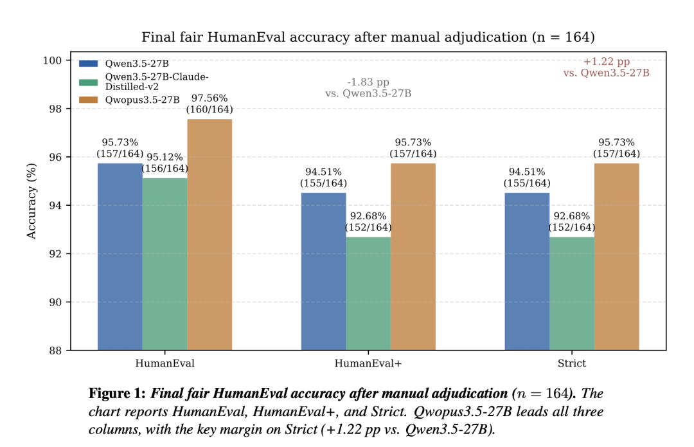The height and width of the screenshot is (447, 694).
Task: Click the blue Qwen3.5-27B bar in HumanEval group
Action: click(120, 257)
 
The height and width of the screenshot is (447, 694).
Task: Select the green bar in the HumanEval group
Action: click(165, 264)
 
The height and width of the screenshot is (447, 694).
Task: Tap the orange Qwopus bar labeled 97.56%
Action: click(209, 235)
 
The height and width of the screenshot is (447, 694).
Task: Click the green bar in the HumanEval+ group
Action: click(368, 293)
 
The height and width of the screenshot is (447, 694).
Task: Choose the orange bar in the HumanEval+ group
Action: click(413, 257)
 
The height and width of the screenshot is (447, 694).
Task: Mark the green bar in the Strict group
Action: click(572, 293)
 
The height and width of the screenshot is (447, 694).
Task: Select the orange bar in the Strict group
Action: click(616, 257)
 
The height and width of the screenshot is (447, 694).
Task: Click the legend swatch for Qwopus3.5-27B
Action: click(88, 100)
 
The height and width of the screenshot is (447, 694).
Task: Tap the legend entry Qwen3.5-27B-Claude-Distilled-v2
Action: click(156, 82)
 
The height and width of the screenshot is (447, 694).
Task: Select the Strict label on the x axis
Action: click(571, 363)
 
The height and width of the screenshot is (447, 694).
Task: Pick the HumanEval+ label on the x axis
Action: click(368, 363)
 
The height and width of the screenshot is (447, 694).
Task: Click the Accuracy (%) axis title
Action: click(32, 201)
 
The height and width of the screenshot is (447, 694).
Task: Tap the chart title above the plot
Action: click(368, 37)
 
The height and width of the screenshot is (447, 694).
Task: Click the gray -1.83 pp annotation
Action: click(368, 87)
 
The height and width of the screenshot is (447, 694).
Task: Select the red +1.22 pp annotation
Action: click(606, 67)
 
